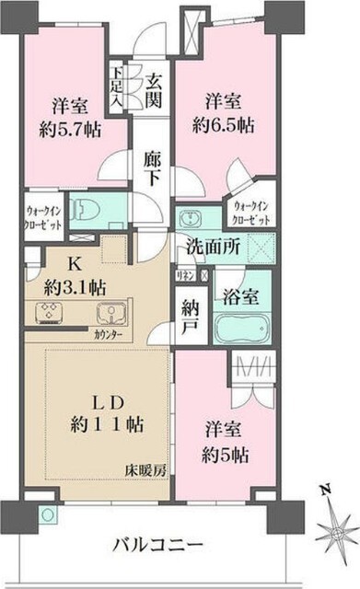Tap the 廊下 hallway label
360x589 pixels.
(x=154, y=168)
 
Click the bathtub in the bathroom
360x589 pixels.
(x=242, y=329)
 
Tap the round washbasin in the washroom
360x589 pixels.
(x=191, y=218)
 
